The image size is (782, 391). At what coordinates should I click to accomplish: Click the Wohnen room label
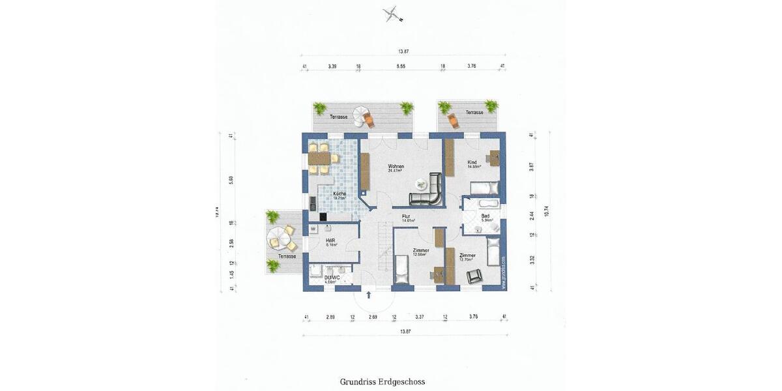[396, 166]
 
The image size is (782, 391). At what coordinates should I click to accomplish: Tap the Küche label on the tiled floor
[340, 194]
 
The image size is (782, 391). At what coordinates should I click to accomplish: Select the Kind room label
[472, 162]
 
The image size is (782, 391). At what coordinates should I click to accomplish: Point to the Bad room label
[485, 216]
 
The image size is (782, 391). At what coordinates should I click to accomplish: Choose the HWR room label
[330, 240]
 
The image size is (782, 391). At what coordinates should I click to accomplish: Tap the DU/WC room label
[332, 278]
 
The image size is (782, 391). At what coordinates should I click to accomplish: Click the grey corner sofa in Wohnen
[427, 192]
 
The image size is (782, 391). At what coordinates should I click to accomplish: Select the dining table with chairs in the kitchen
[319, 158]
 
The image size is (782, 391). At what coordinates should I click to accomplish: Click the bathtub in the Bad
[483, 203]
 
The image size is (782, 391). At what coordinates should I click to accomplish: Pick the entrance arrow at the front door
[369, 295]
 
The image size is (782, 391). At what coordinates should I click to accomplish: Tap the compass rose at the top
[391, 14]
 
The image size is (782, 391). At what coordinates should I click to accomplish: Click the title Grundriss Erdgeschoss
[383, 382]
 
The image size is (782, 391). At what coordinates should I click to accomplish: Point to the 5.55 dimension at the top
[401, 66]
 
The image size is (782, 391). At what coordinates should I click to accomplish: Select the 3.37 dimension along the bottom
[420, 317]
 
